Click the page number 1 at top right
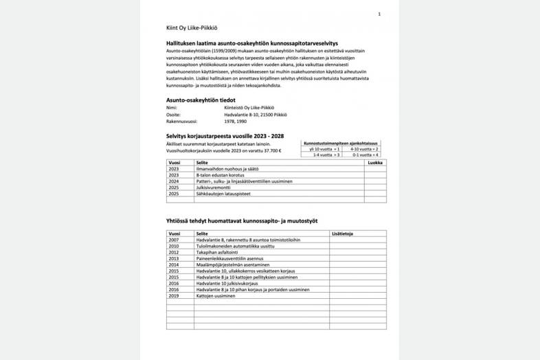(x=379, y=14)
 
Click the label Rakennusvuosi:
(x=181, y=120)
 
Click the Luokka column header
(x=375, y=163)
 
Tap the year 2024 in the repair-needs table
(x=173, y=181)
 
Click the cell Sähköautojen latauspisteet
(x=225, y=194)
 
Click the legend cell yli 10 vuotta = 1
(x=325, y=148)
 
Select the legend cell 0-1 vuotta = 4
(x=364, y=155)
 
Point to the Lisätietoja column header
(x=342, y=234)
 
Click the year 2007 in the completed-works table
(x=173, y=240)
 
